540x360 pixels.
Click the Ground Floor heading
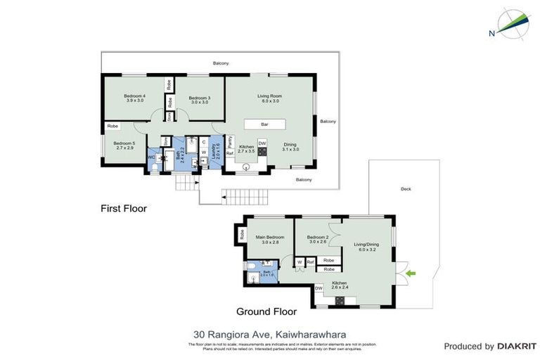point(266,311)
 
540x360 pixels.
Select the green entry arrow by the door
point(412,273)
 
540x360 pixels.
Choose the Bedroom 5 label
point(124,145)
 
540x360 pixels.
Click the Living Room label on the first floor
point(269,98)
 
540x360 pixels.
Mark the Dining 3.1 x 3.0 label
point(290,146)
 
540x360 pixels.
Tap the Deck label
point(406,188)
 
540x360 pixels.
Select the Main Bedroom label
point(271,239)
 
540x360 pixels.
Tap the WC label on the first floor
point(151,157)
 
